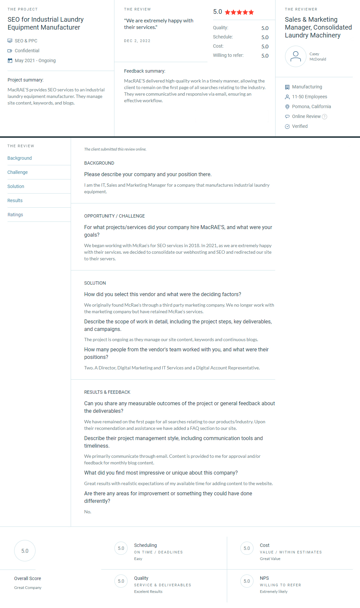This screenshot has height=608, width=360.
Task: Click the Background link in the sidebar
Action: pos(20,158)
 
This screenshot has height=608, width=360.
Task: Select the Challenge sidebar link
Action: pos(18,172)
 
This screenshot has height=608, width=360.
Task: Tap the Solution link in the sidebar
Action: pos(16,186)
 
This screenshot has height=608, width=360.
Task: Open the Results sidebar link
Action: pos(15,200)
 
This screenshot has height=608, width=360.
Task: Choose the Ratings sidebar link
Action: pos(15,215)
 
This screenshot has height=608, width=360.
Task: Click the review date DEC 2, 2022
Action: pos(137,41)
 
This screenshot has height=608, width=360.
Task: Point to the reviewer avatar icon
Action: pos(296,57)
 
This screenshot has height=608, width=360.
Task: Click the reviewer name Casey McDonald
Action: pos(318,57)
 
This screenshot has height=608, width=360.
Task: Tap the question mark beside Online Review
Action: pos(324,117)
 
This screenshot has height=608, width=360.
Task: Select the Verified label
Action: pos(300,126)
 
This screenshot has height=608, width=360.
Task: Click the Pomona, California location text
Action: pos(311,106)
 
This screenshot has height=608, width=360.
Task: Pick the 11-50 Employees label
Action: pos(309,97)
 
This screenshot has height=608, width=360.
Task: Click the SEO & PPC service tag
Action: pos(26,41)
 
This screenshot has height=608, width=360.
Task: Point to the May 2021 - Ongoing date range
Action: pos(35,60)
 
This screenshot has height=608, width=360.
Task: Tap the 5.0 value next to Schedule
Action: pos(265,37)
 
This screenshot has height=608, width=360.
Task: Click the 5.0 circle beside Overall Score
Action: pos(25,551)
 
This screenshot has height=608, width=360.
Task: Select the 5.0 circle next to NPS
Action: pos(247,581)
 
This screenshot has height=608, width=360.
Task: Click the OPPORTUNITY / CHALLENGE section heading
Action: pos(114,216)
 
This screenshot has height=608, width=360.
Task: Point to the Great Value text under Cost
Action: pos(270,559)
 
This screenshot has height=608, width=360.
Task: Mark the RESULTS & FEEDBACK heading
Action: pos(107,392)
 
